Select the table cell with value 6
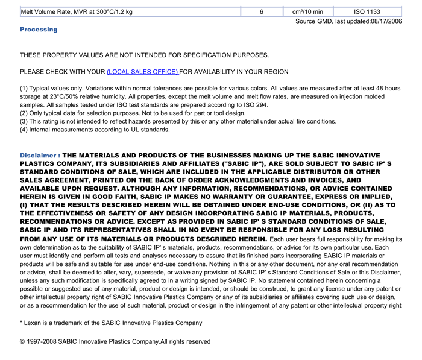(262, 11)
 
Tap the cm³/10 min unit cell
(307, 11)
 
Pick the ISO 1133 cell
(367, 11)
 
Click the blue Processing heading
(39, 30)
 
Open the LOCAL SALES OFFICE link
(142, 72)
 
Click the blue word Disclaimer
(38, 156)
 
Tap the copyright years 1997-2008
(44, 342)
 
